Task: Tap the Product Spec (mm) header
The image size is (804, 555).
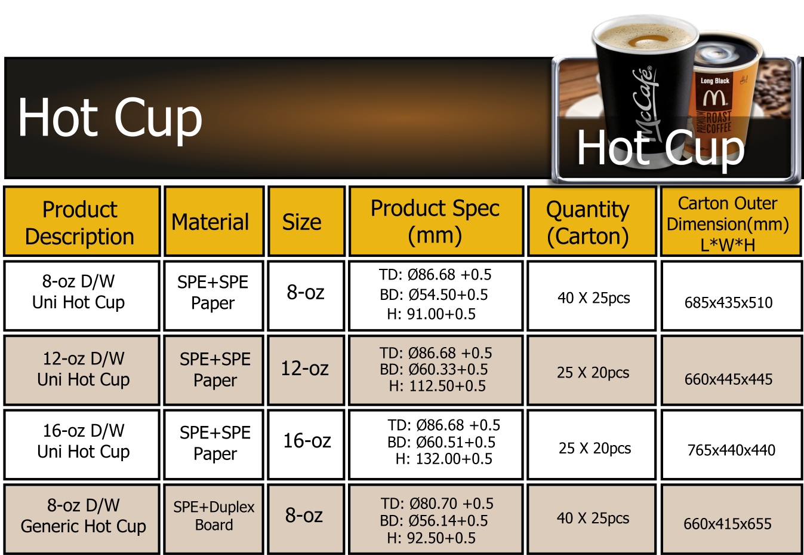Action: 436,221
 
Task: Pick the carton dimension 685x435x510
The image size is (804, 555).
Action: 728,303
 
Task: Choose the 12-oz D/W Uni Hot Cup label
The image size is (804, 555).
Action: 84,369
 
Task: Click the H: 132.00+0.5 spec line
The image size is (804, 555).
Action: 443,459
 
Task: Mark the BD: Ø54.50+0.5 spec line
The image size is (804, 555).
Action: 433,295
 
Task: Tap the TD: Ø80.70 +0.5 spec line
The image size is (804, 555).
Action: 437,504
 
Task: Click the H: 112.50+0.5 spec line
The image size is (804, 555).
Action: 437,386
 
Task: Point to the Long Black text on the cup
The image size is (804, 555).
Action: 715,81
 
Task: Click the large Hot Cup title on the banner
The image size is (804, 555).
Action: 110,118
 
